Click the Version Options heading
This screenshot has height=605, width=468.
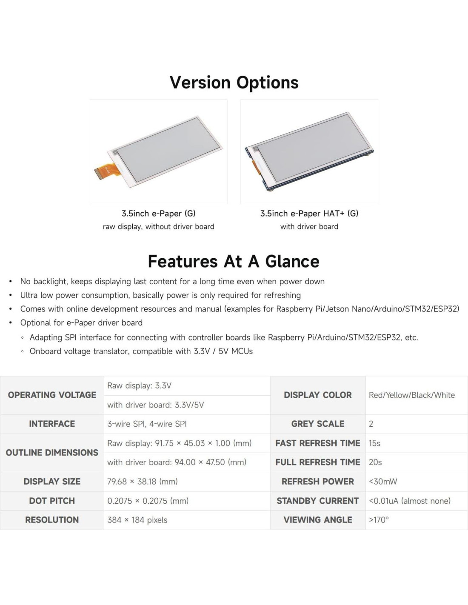234,83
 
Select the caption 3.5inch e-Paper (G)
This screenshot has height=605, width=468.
158,214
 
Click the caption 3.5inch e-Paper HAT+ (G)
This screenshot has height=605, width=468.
309,214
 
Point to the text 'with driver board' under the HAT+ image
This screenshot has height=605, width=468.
309,227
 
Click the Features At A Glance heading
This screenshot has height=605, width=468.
234,262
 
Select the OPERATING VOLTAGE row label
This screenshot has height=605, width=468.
52,395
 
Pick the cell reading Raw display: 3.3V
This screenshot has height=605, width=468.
139,386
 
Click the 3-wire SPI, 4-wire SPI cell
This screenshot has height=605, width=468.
147,424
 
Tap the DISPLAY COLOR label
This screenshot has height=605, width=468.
318,395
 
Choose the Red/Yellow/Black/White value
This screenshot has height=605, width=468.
411,395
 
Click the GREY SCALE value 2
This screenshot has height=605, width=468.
371,424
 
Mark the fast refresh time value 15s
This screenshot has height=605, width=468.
374,443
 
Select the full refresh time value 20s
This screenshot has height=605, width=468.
375,462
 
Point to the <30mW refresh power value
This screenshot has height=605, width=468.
383,482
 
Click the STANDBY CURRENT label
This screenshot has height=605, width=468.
318,501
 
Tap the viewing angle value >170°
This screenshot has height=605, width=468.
379,520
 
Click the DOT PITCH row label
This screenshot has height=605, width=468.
52,501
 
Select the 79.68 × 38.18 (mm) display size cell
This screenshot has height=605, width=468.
143,482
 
